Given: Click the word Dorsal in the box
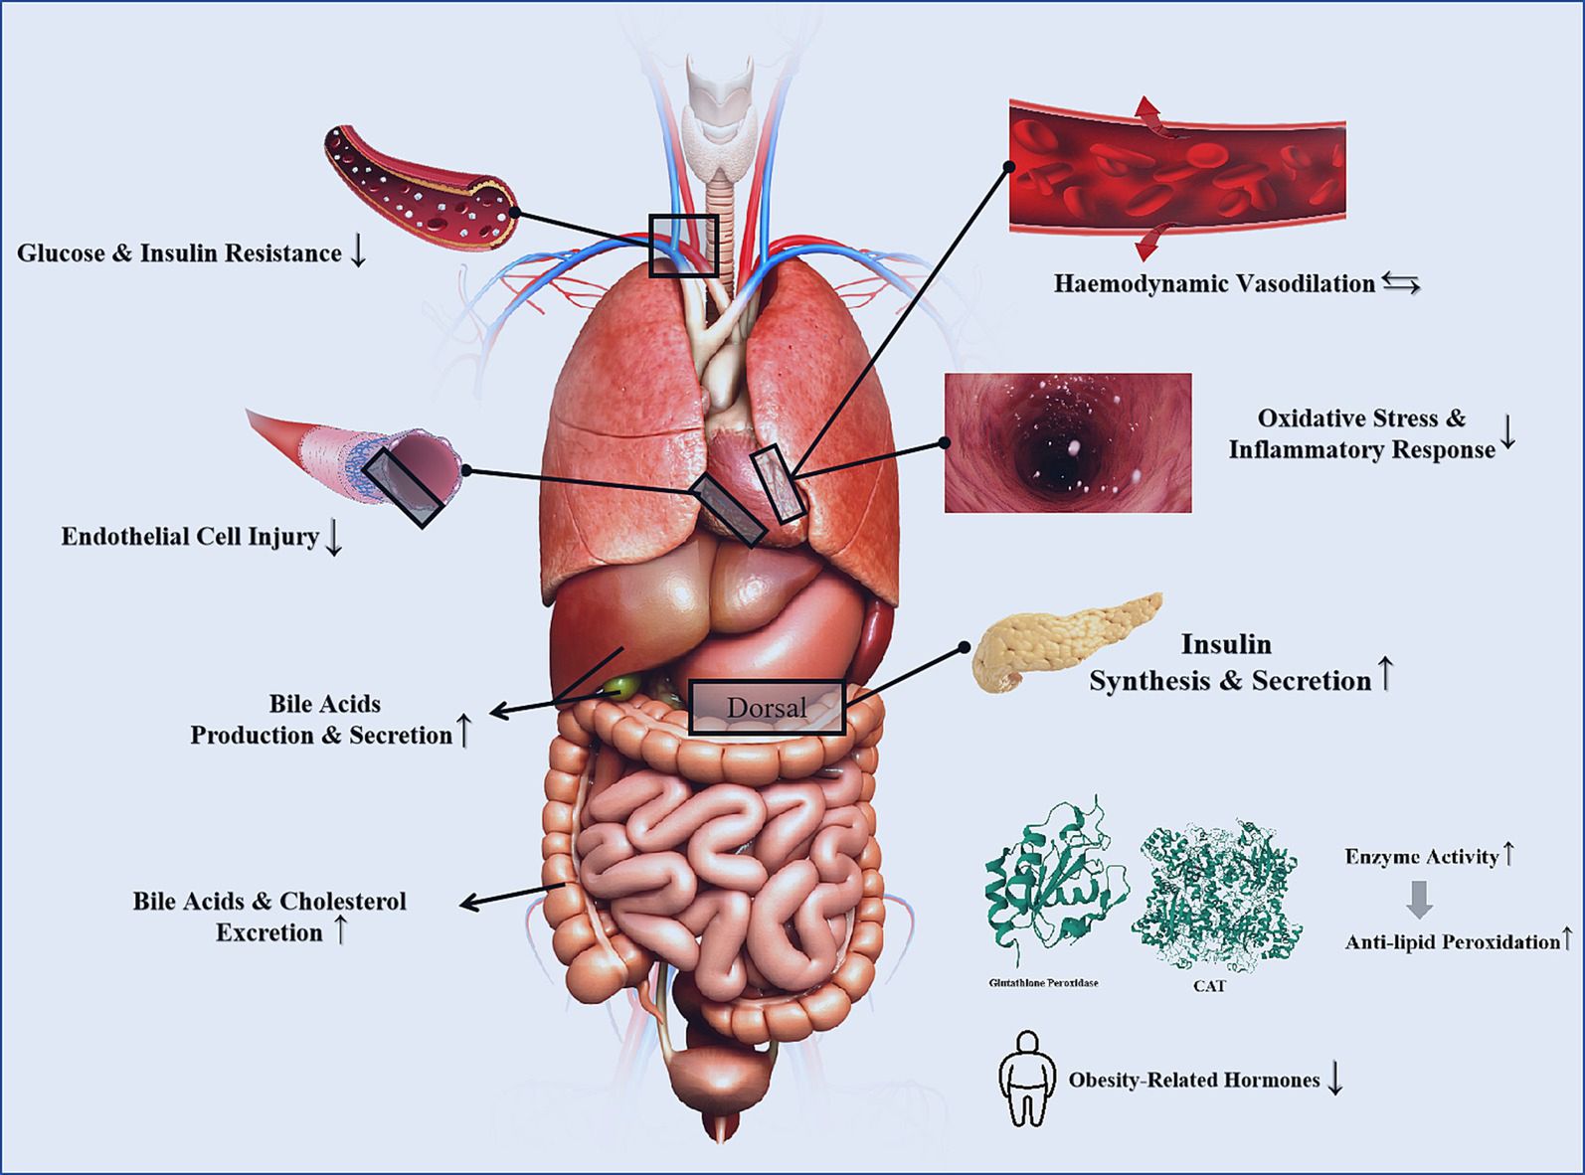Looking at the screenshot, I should coord(766,708).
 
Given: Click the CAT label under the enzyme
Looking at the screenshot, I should coord(1208,986).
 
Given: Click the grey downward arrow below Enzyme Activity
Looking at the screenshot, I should coord(1420,899).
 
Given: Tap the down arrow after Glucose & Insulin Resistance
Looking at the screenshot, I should coord(358,252).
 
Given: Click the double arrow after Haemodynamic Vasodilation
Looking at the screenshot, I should coord(1400,285).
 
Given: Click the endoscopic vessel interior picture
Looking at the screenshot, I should coord(1067,443).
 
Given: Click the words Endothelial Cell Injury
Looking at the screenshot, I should coord(190,537).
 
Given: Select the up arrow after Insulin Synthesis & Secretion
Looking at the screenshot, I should coord(1385,676).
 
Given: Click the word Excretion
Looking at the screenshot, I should coord(269,932).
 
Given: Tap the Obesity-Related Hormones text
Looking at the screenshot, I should coord(1193,1080).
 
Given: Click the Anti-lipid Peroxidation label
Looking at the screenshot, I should coord(1452,942).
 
